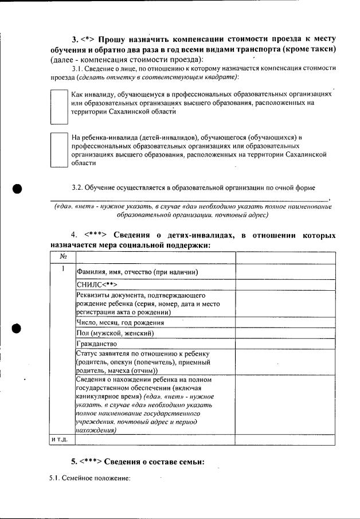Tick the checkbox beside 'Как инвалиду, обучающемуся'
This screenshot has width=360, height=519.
tap(60, 107)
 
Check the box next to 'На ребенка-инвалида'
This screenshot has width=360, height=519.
tap(60, 150)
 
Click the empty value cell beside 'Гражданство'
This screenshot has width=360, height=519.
tap(285, 343)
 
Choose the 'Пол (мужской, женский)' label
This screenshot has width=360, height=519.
tap(114, 333)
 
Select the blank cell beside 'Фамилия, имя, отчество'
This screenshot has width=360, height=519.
tap(285, 271)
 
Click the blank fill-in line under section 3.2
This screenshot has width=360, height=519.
tap(189, 199)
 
